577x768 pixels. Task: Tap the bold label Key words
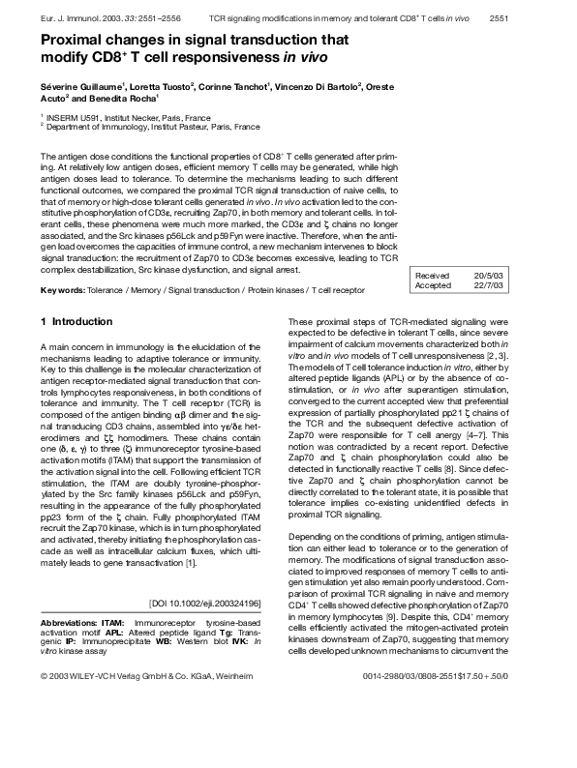point(62,289)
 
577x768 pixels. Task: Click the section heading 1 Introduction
point(76,321)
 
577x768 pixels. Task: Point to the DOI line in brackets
point(204,603)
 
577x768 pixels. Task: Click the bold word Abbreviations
point(70,623)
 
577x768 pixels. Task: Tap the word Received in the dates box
point(432,276)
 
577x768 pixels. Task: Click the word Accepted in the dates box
point(433,285)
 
